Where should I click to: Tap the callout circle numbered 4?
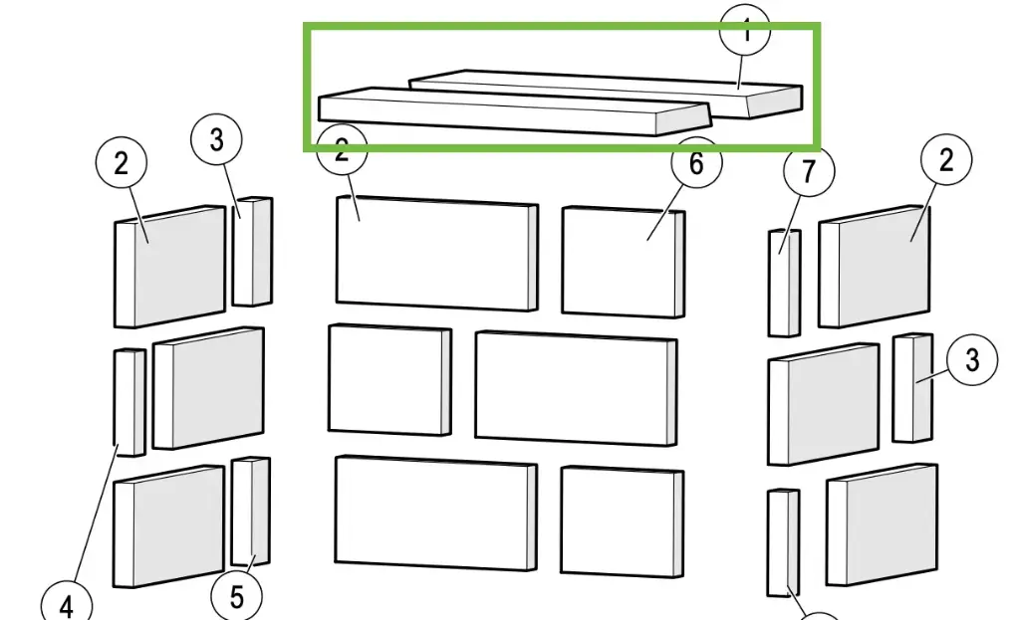pyautogui.click(x=67, y=603)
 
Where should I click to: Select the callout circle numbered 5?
pyautogui.click(x=236, y=597)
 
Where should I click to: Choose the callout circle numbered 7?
pyautogui.click(x=808, y=171)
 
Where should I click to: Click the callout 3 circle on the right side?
pyautogui.click(x=972, y=360)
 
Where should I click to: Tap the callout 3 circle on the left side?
pyautogui.click(x=218, y=140)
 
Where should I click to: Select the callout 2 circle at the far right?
pyautogui.click(x=945, y=159)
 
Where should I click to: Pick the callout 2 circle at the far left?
pyautogui.click(x=121, y=163)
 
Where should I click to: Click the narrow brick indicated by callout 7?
pyautogui.click(x=784, y=283)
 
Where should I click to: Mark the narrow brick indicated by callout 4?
pyautogui.click(x=130, y=402)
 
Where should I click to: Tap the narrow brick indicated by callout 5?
pyautogui.click(x=250, y=512)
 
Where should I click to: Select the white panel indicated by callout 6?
pyautogui.click(x=624, y=262)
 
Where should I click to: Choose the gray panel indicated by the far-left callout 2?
pyautogui.click(x=170, y=267)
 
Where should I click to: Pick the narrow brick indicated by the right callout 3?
pyautogui.click(x=911, y=388)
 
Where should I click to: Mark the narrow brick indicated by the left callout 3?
pyautogui.click(x=252, y=252)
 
